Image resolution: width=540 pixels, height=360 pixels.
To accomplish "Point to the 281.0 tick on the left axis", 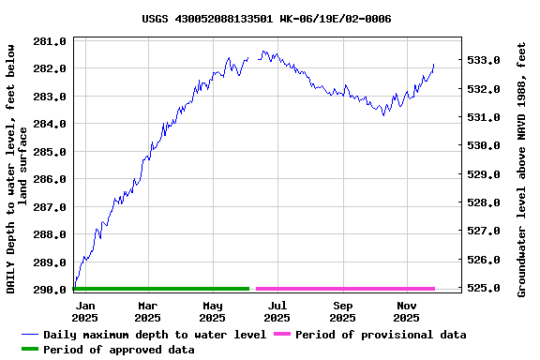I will pyautogui.click(x=50, y=41).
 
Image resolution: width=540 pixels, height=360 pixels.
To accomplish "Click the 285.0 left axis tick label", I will pyautogui.click(x=50, y=151).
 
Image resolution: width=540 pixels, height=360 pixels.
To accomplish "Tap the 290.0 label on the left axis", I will pyautogui.click(x=50, y=290).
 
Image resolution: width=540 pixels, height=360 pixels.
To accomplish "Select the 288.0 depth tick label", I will pyautogui.click(x=50, y=233).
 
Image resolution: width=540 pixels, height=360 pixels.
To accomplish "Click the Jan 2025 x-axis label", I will pyautogui.click(x=84, y=311).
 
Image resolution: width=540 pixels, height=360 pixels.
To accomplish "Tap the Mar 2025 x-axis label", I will pyautogui.click(x=147, y=311).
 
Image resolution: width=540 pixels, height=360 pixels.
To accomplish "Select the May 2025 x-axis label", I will pyautogui.click(x=213, y=311).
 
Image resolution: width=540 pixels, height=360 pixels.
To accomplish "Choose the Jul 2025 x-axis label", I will pyautogui.click(x=277, y=311).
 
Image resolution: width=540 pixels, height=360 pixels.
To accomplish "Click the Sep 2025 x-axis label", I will pyautogui.click(x=343, y=311).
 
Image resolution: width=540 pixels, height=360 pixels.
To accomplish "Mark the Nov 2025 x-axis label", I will pyautogui.click(x=407, y=311).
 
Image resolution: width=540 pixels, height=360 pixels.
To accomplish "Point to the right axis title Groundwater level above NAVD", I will pyautogui.click(x=521, y=169).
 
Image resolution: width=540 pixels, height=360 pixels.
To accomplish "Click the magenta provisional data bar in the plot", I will pyautogui.click(x=345, y=289).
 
